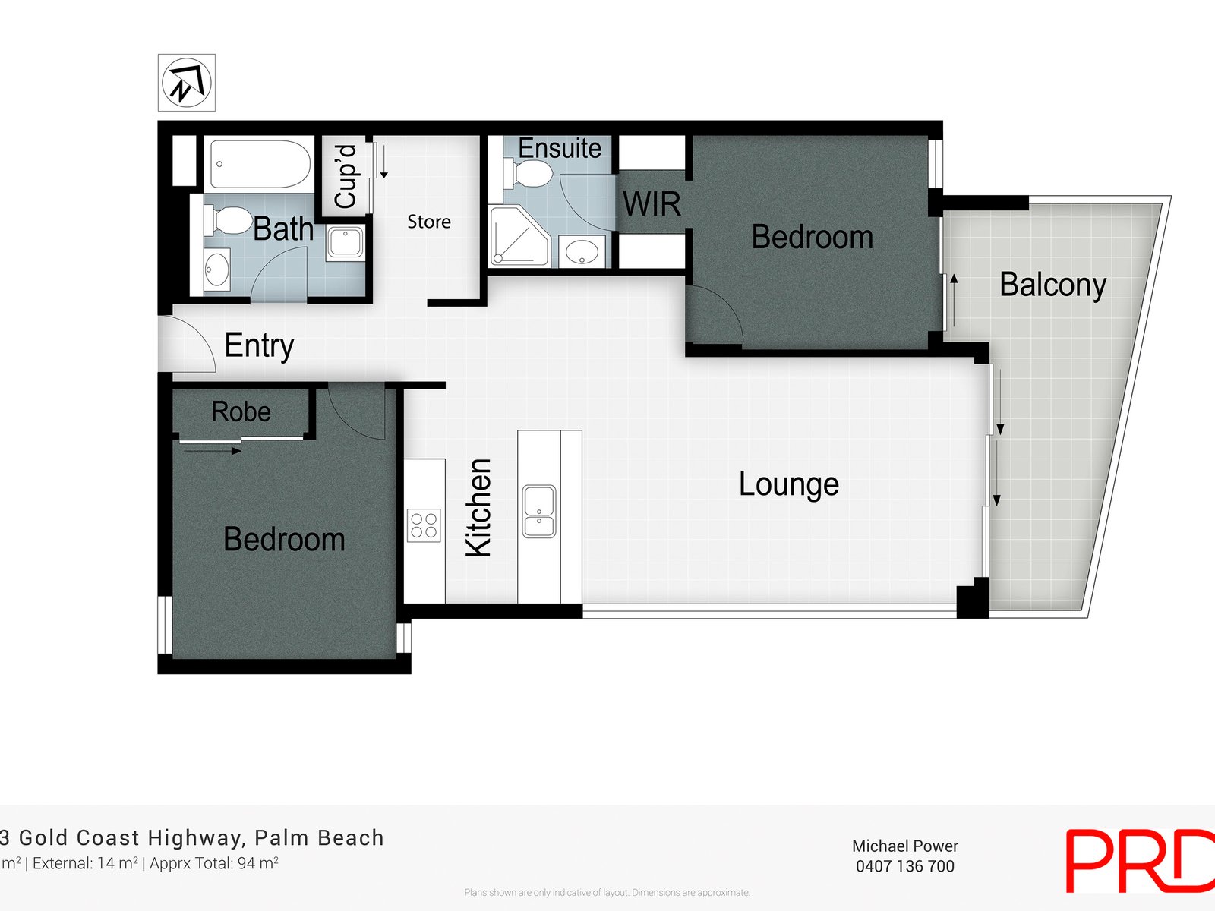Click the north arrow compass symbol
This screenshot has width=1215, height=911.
coord(186,83)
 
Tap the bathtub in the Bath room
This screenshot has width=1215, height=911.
coord(260,164)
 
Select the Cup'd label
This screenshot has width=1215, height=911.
coord(346,176)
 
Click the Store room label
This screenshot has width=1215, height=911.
coord(428,222)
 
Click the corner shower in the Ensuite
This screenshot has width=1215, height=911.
coord(519,237)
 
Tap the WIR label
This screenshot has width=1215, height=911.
coord(652,204)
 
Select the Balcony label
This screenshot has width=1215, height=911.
coord(1052,285)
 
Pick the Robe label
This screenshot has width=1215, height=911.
coord(241,411)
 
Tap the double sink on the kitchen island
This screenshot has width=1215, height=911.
coord(539,512)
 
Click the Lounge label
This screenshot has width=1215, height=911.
coord(788,484)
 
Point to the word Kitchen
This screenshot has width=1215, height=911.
coord(478,507)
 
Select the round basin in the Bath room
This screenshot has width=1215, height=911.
coord(217,270)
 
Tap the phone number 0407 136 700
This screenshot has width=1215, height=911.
coord(904,866)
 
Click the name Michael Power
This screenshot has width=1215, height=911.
coord(904,846)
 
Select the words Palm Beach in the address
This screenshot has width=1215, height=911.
coord(319,838)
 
